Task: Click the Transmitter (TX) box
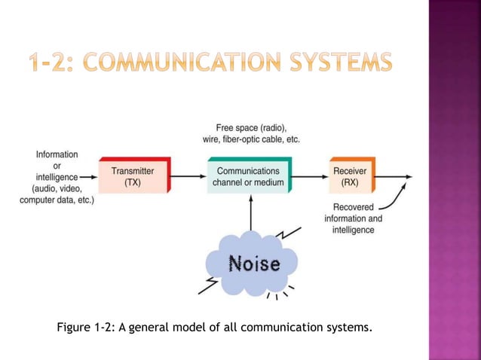pyautogui.click(x=133, y=176)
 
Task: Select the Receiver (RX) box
pyautogui.click(x=350, y=176)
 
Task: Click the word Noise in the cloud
pyautogui.click(x=254, y=264)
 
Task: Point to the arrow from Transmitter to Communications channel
pyautogui.click(x=188, y=177)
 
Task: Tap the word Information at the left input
pyautogui.click(x=57, y=154)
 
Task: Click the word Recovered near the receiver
pyautogui.click(x=353, y=207)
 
